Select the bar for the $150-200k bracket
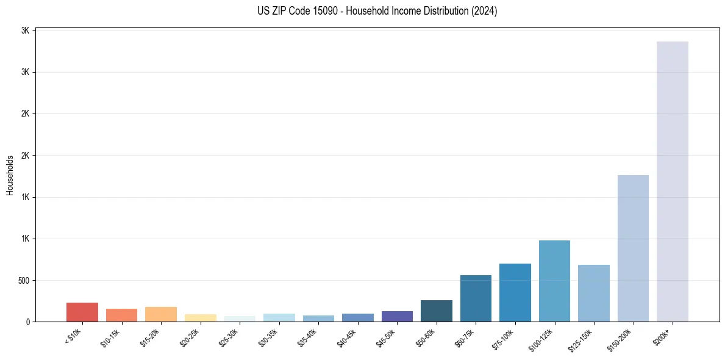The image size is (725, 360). tap(633, 248)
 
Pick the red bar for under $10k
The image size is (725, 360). tap(82, 312)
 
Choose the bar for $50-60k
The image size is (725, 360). tap(437, 311)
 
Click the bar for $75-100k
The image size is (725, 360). tap(515, 292)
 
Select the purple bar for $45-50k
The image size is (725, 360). tap(397, 316)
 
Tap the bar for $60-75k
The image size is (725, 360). tap(476, 298)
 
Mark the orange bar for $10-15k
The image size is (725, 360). tap(121, 315)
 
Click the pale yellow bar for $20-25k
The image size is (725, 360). tap(201, 317)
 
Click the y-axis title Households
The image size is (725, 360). tap(10, 175)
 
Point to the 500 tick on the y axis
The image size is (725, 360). tap(25, 281)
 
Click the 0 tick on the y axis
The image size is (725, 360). tap(29, 322)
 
